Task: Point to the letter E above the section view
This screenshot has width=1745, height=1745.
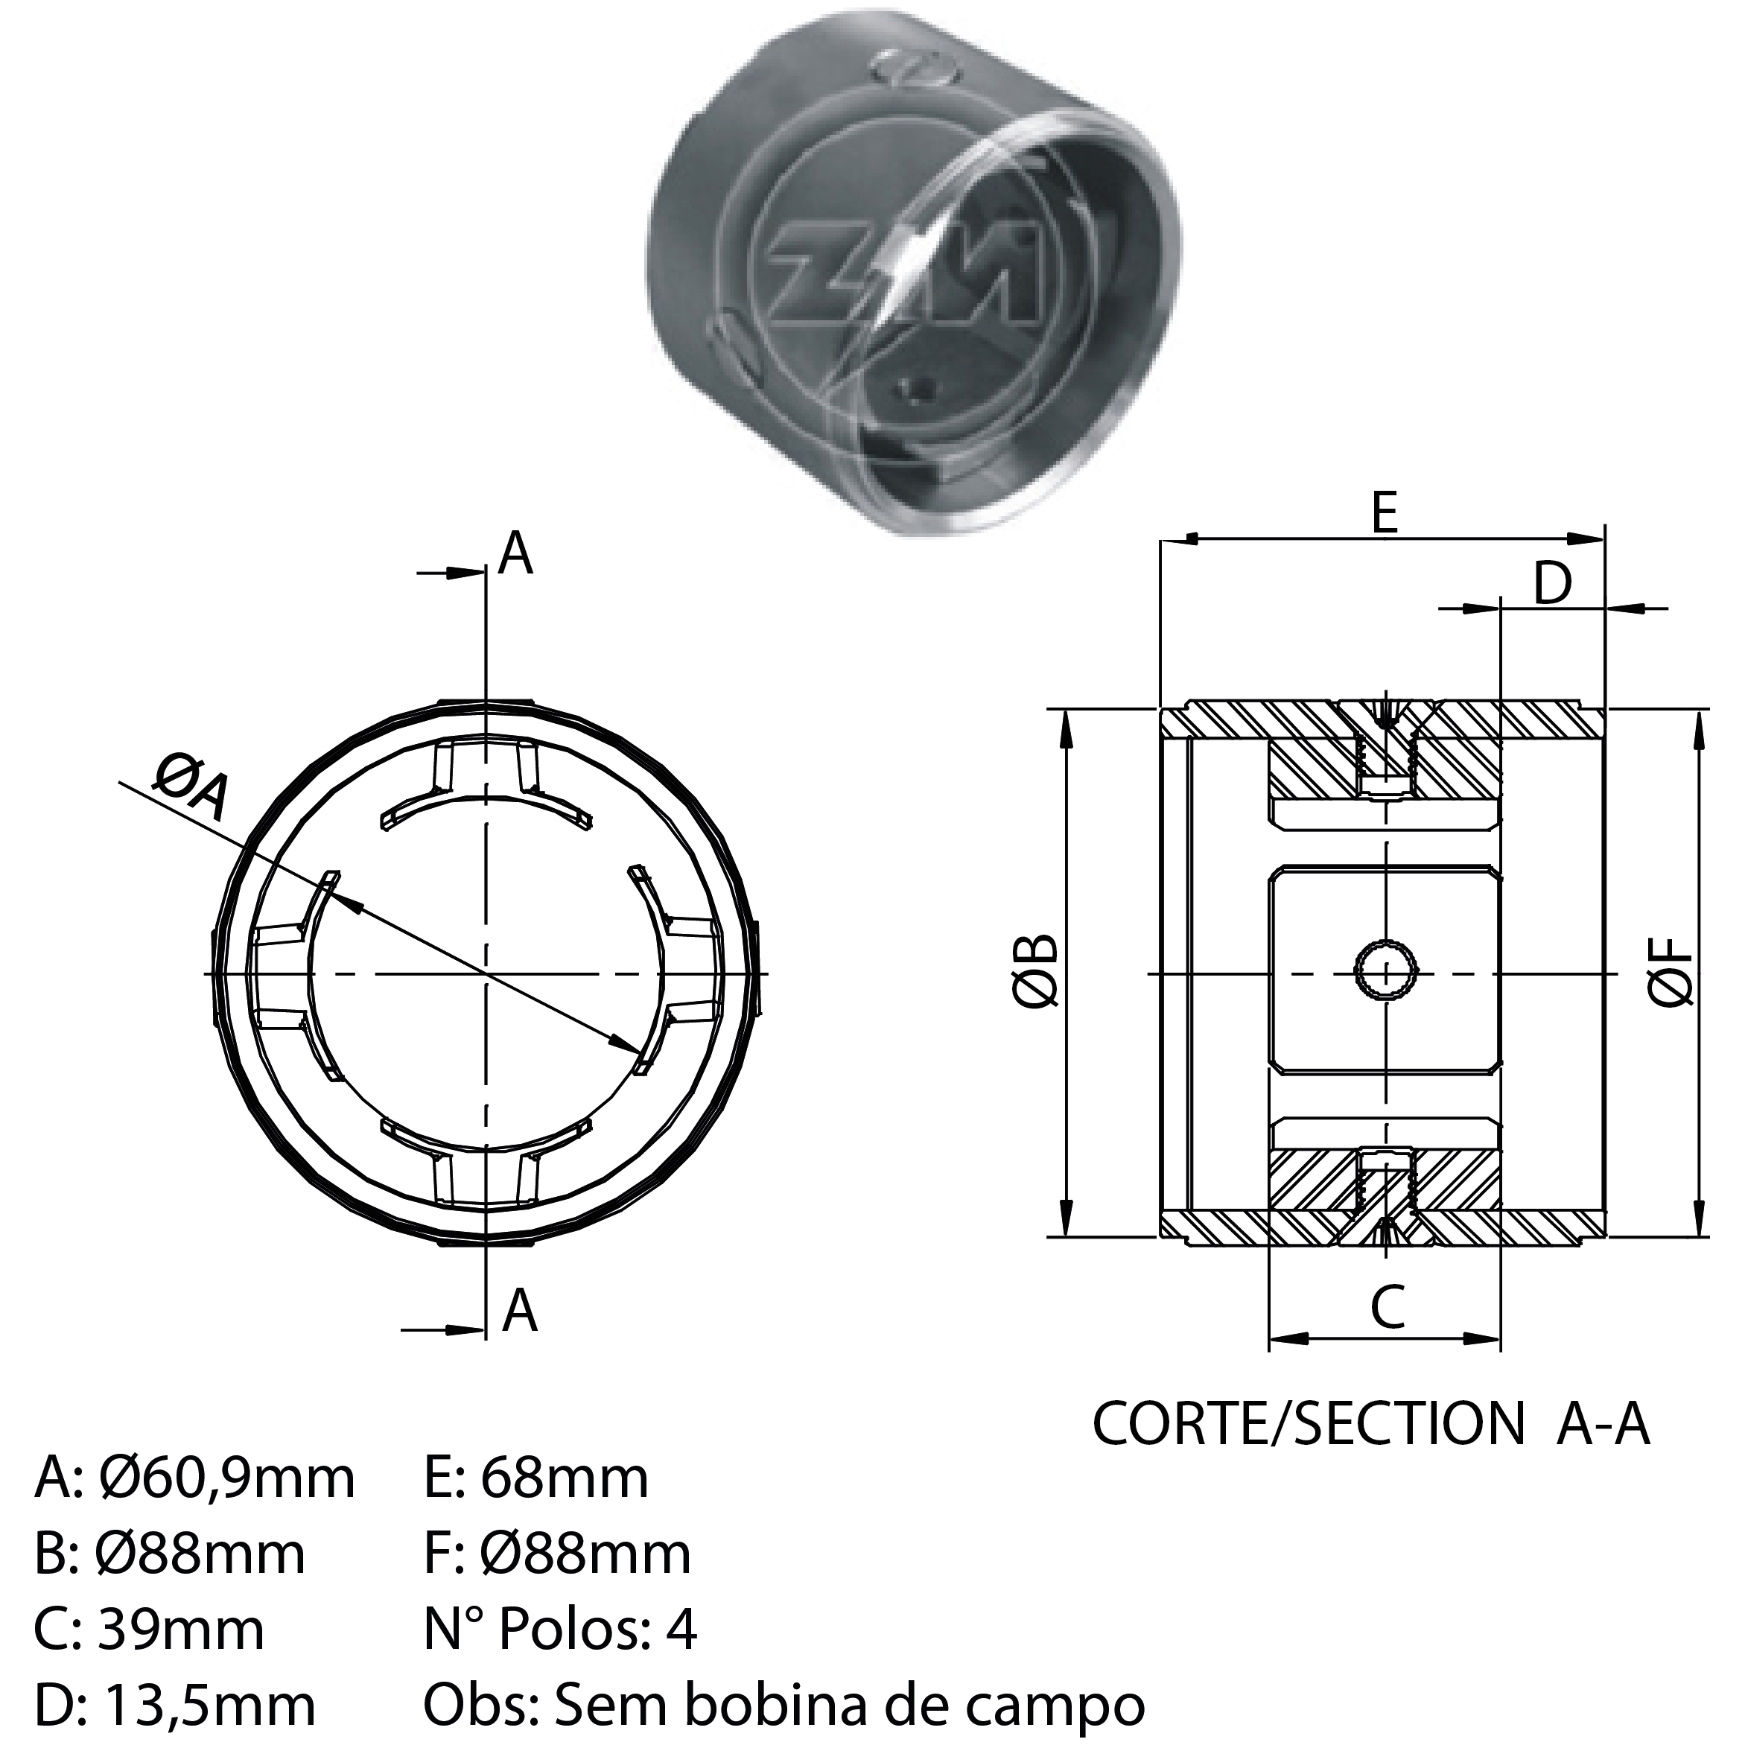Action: point(1384,513)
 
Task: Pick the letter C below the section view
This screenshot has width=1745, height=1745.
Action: point(1388,1306)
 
